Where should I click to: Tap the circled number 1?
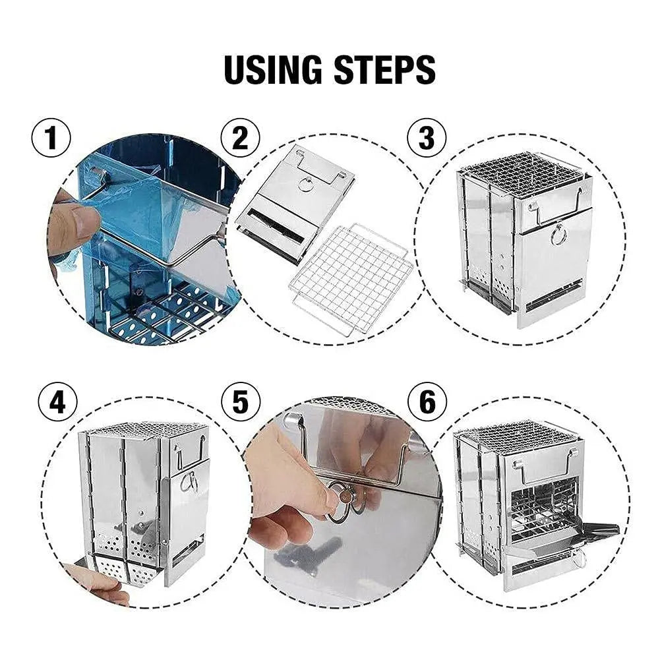tap(51, 139)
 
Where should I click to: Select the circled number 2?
tap(240, 139)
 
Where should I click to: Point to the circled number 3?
tap(427, 139)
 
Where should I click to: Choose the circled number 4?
tap(58, 402)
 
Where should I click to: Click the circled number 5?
tap(240, 402)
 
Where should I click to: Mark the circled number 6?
tap(427, 402)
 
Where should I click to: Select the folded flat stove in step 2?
tap(295, 201)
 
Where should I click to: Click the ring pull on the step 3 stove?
tap(558, 234)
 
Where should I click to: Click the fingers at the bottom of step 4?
tap(99, 584)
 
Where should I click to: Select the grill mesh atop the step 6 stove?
tap(517, 436)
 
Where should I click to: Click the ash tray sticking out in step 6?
tap(597, 531)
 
